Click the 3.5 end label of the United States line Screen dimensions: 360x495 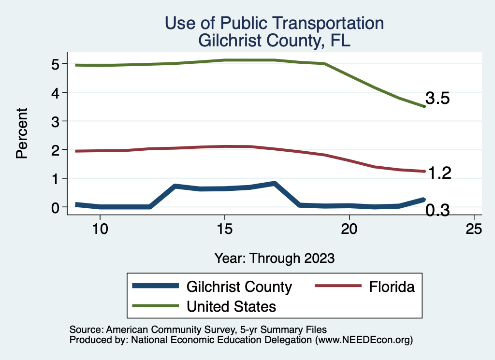pyautogui.click(x=437, y=99)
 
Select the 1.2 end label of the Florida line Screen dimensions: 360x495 pyautogui.click(x=438, y=173)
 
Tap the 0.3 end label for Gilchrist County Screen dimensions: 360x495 pyautogui.click(x=437, y=210)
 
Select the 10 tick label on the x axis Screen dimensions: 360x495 pyautogui.click(x=100, y=229)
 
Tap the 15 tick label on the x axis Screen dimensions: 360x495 pyautogui.click(x=224, y=229)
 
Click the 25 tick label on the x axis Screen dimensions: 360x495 pyautogui.click(x=474, y=229)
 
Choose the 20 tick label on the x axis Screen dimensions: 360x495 pyautogui.click(x=349, y=229)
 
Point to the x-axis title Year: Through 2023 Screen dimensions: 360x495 pyautogui.click(x=275, y=258)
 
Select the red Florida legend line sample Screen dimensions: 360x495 pyautogui.click(x=338, y=287)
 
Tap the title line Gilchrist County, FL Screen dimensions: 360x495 pyautogui.click(x=274, y=41)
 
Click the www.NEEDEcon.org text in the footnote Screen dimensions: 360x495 pyautogui.click(x=364, y=340)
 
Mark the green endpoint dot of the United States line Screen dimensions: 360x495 pyautogui.click(x=424, y=106)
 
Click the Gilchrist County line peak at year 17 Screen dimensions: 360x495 pyautogui.click(x=274, y=184)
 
